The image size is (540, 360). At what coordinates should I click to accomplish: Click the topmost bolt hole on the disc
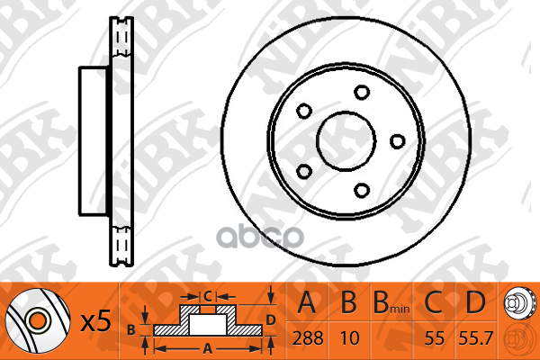click(362, 92)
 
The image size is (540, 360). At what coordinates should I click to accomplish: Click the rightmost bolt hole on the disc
click(396, 140)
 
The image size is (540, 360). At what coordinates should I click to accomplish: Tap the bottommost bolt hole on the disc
click(362, 189)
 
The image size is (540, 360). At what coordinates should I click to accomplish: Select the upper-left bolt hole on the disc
click(303, 111)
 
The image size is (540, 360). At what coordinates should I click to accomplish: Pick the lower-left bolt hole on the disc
click(303, 170)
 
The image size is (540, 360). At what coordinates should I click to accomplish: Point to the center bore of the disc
click(346, 140)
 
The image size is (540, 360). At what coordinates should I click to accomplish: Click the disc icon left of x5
click(37, 321)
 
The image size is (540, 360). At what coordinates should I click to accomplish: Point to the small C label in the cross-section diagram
click(207, 295)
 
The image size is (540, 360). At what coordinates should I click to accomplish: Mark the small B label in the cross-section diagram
click(131, 329)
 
